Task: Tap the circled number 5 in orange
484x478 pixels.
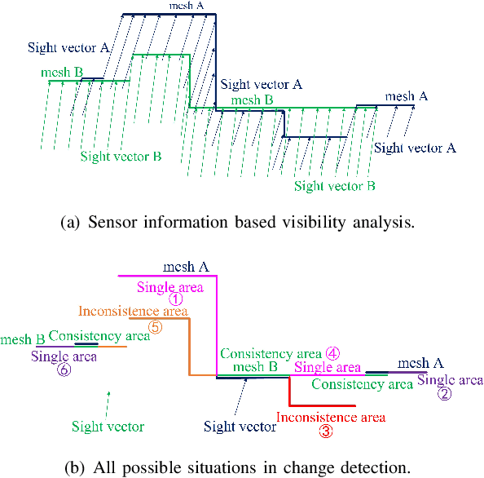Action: point(156,326)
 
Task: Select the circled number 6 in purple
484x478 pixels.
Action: point(64,369)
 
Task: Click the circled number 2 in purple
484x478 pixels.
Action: point(444,393)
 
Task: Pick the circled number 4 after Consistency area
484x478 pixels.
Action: point(332,354)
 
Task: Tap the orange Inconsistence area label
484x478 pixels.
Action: point(133,312)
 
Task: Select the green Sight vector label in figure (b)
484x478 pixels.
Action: point(108,427)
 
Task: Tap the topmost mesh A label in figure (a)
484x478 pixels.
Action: point(187,7)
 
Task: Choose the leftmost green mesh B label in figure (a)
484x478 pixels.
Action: point(62,73)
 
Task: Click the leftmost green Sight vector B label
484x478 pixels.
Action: point(121,156)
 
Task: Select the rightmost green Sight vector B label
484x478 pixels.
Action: point(334,186)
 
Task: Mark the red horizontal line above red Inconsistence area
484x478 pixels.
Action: point(323,405)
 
